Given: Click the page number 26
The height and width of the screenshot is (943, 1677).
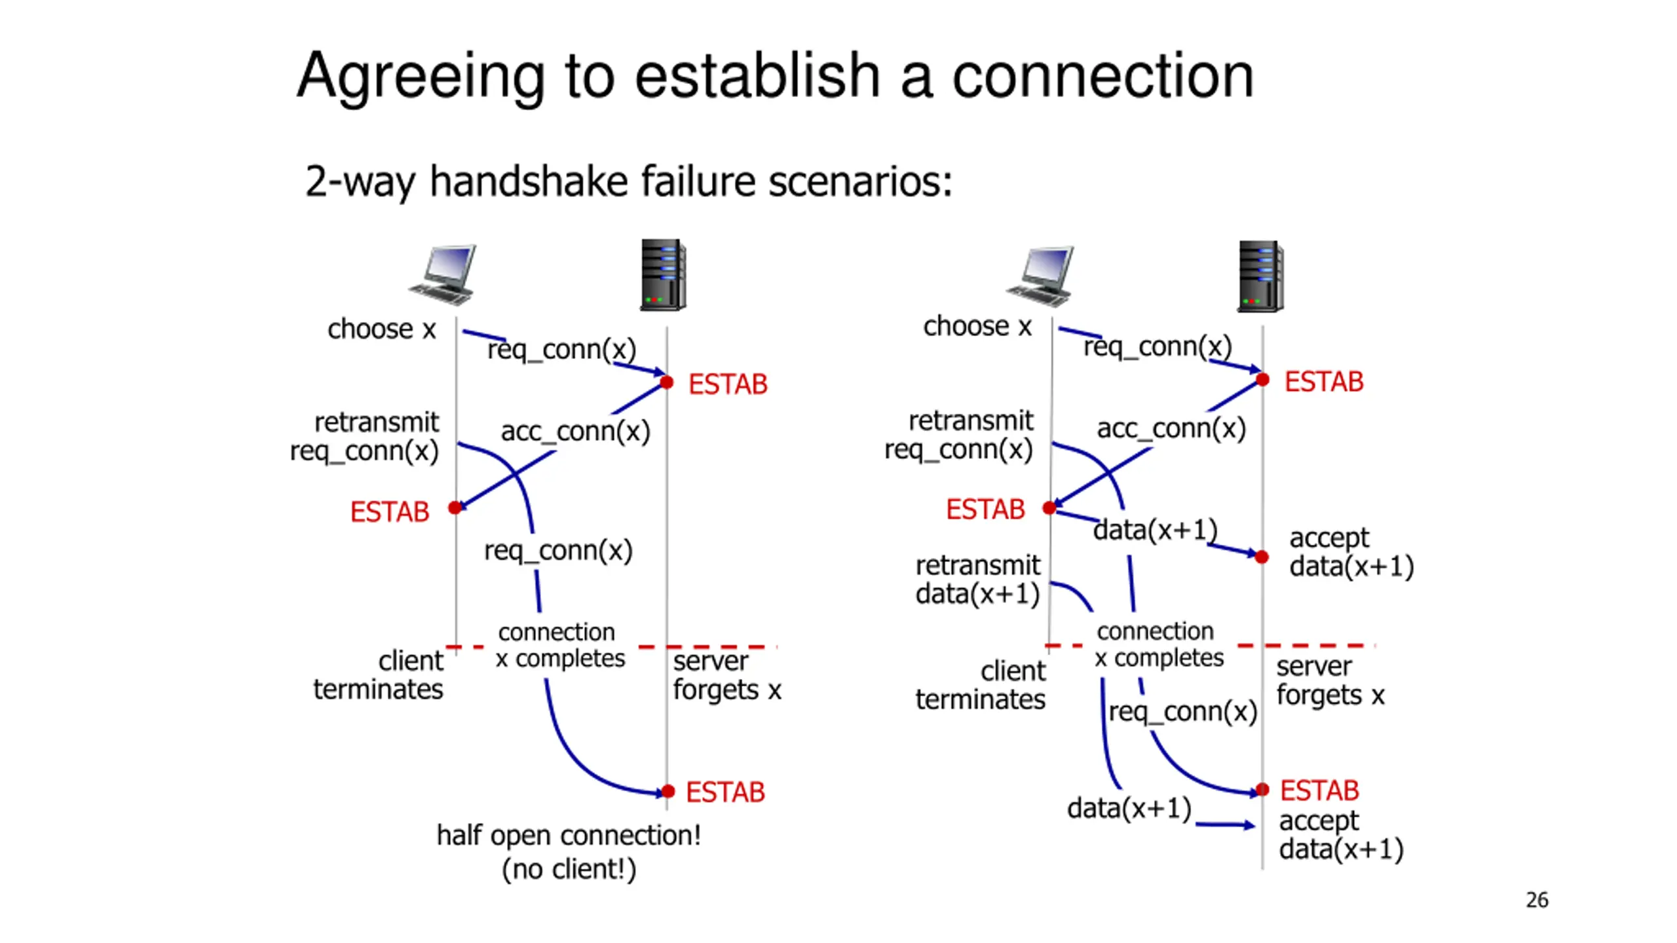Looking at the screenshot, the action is pos(1537,900).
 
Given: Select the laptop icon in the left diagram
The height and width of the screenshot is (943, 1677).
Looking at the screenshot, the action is pos(442,276).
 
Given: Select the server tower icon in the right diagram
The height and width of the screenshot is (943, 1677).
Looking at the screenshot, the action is pos(1260,276).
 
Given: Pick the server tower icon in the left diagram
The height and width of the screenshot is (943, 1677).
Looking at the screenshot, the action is pos(663,275).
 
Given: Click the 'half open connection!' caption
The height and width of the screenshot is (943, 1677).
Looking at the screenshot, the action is pos(569,835).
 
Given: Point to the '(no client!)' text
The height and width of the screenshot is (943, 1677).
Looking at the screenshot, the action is pos(569,869).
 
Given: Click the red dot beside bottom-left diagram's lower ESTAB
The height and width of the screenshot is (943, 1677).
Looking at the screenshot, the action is pos(668,791).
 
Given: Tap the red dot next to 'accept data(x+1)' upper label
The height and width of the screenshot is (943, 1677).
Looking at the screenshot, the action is pos(1262,557).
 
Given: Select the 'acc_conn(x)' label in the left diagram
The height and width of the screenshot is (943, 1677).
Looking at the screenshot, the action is pos(575,432).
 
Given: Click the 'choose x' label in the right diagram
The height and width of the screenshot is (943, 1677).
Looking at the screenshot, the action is pos(977,325).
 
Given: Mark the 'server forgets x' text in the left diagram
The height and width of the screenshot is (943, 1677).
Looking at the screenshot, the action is pos(727,676).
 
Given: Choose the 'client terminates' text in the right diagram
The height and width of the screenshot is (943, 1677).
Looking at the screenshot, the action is pos(980,685).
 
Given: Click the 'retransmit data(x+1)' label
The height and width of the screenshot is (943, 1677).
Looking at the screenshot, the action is pos(977,580).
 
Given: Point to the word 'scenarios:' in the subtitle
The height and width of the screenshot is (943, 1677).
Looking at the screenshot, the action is pos(860,181).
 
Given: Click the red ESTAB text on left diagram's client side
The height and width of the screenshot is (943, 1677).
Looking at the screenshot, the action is pos(389,512).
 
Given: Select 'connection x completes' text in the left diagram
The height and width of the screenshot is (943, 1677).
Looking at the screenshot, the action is pos(560,645).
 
